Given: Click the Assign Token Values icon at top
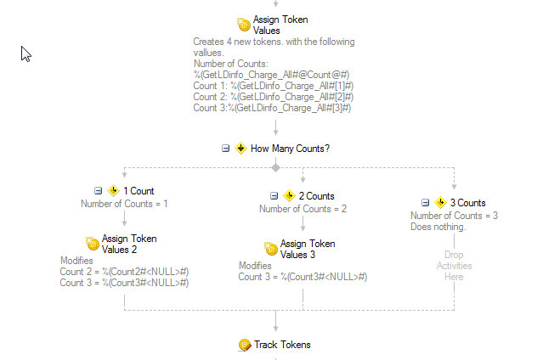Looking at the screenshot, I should [x=243, y=25].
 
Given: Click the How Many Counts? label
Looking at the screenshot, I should [x=290, y=149].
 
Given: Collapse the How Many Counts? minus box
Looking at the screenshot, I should [x=225, y=149].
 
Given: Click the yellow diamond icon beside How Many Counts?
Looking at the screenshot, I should [x=240, y=149].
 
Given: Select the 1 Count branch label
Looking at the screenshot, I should [x=139, y=191].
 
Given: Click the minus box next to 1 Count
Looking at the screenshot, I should [x=98, y=191].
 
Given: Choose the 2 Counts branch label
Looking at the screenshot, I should [x=316, y=196].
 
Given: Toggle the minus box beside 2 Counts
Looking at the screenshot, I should [x=274, y=196].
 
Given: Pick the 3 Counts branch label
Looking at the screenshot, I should [x=467, y=203].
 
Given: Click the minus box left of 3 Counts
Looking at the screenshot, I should [x=425, y=203].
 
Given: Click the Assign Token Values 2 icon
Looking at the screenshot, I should [x=93, y=244].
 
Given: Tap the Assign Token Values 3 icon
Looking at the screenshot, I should [x=271, y=249].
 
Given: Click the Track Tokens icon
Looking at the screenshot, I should [x=244, y=345].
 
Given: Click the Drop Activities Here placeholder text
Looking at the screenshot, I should [x=454, y=265].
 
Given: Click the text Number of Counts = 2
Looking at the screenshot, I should [x=303, y=209].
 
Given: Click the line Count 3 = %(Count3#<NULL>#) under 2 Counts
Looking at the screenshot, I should [x=303, y=277].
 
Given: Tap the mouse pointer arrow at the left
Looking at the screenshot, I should [x=25, y=53].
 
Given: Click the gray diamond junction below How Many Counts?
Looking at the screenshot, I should [x=275, y=167].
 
